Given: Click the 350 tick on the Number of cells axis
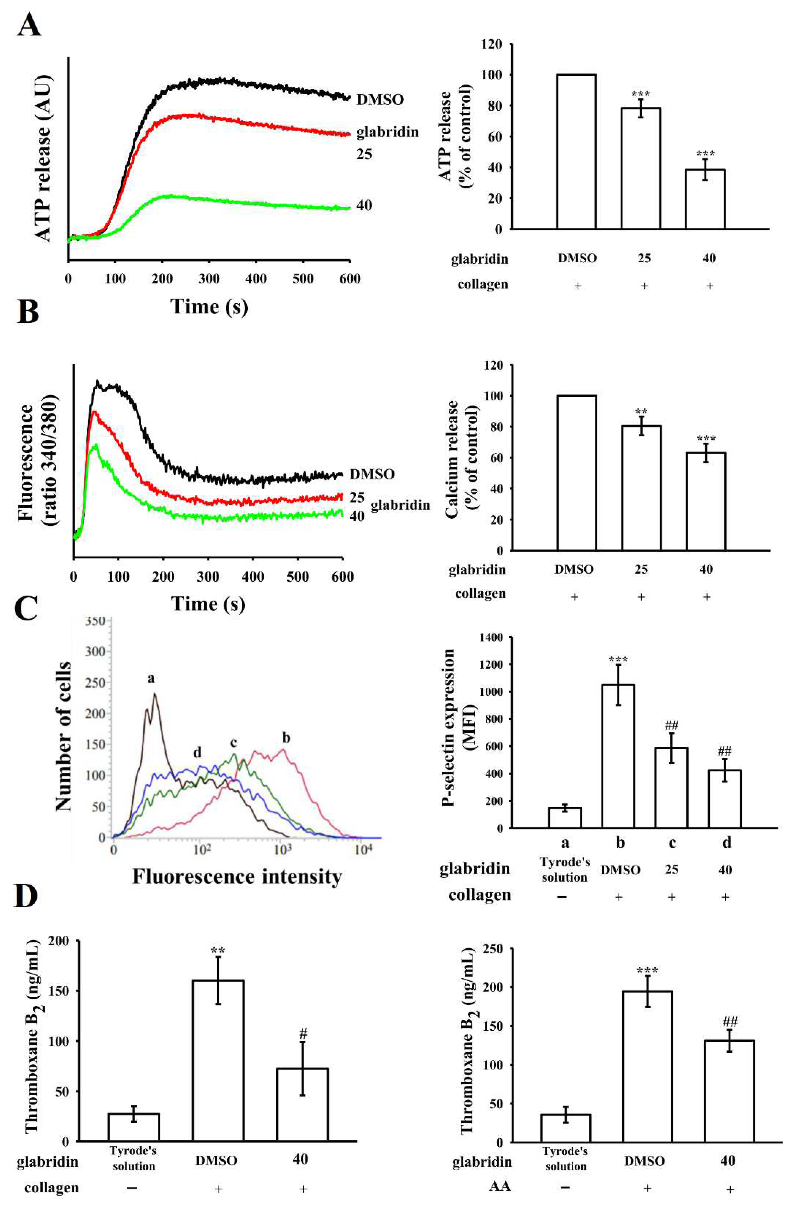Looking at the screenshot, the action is (95, 621).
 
